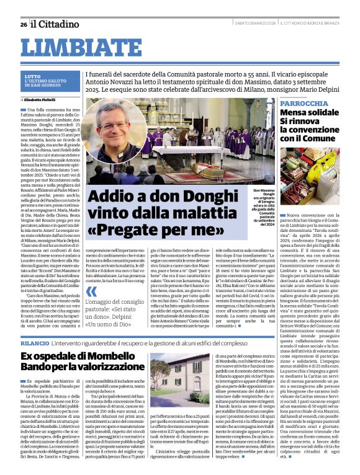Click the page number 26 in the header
[x=24, y=24]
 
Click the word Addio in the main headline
[x=114, y=196]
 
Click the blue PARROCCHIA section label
[x=304, y=103]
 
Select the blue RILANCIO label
[x=34, y=343]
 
